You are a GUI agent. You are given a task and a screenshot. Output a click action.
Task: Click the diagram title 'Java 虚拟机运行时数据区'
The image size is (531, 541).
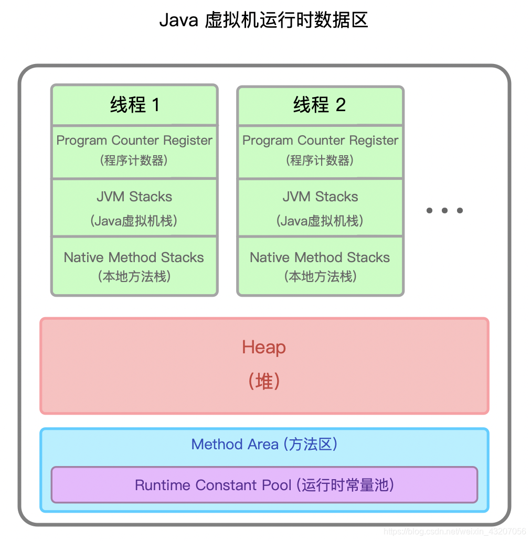pyautogui.click(x=263, y=20)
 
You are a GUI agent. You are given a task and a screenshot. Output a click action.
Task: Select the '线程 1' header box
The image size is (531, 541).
pyautogui.click(x=134, y=105)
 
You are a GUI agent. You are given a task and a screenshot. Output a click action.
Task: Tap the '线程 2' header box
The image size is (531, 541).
pyautogui.click(x=320, y=105)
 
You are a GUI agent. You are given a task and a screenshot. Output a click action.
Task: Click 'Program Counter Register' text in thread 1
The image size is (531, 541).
pyautogui.click(x=134, y=140)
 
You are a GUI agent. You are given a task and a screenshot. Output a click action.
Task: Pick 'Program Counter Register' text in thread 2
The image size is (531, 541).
pyautogui.click(x=320, y=140)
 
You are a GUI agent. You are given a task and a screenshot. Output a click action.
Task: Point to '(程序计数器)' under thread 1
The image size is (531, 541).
pyautogui.click(x=134, y=160)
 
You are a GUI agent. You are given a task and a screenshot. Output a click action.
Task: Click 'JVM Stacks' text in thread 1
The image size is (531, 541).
pyautogui.click(x=134, y=197)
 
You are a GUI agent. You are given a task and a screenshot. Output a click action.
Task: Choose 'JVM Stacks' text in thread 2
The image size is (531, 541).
pyautogui.click(x=320, y=197)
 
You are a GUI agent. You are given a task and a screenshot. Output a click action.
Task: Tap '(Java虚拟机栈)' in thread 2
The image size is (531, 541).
pyautogui.click(x=320, y=221)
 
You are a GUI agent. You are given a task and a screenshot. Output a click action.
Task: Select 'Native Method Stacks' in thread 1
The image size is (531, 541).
pyautogui.click(x=134, y=257)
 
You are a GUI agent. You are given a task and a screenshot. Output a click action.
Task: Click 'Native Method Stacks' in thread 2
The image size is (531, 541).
pyautogui.click(x=320, y=257)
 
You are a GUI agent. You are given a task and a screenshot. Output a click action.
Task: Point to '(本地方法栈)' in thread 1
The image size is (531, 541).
pyautogui.click(x=134, y=276)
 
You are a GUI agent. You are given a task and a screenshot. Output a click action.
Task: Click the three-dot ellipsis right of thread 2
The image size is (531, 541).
pyautogui.click(x=444, y=211)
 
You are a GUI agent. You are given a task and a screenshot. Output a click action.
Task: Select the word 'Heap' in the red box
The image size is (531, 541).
pyautogui.click(x=264, y=348)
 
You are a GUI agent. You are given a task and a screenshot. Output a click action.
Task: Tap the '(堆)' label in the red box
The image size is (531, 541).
pyautogui.click(x=264, y=381)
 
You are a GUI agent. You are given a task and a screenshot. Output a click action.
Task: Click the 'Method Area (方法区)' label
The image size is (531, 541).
pyautogui.click(x=264, y=445)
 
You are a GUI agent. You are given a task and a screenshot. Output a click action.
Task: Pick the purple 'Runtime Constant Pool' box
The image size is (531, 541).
pyautogui.click(x=264, y=485)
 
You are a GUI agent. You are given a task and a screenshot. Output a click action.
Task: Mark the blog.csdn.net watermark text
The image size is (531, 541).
pyautogui.click(x=454, y=532)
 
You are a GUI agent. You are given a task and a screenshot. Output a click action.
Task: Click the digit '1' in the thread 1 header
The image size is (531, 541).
pyautogui.click(x=155, y=105)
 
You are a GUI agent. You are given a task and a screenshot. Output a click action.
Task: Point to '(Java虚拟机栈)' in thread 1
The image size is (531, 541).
pyautogui.click(x=134, y=221)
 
